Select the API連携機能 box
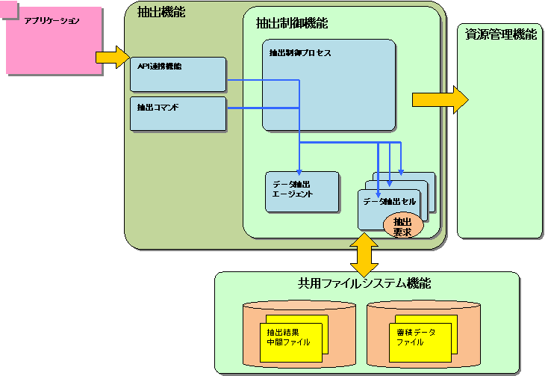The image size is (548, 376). [x=178, y=74]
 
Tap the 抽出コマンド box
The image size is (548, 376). [x=178, y=113]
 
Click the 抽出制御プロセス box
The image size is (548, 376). [x=329, y=84]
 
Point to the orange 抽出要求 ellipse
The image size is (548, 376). [x=402, y=226]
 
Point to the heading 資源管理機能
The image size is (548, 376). [x=499, y=34]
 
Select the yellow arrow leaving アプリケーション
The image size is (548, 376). [x=112, y=57]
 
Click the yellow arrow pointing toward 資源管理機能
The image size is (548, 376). [x=440, y=99]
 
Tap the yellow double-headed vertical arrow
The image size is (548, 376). [x=364, y=254]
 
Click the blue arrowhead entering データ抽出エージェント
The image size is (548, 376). [x=299, y=170]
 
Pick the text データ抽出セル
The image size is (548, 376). [x=389, y=202]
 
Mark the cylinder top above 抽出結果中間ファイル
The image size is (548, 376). [x=300, y=307]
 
